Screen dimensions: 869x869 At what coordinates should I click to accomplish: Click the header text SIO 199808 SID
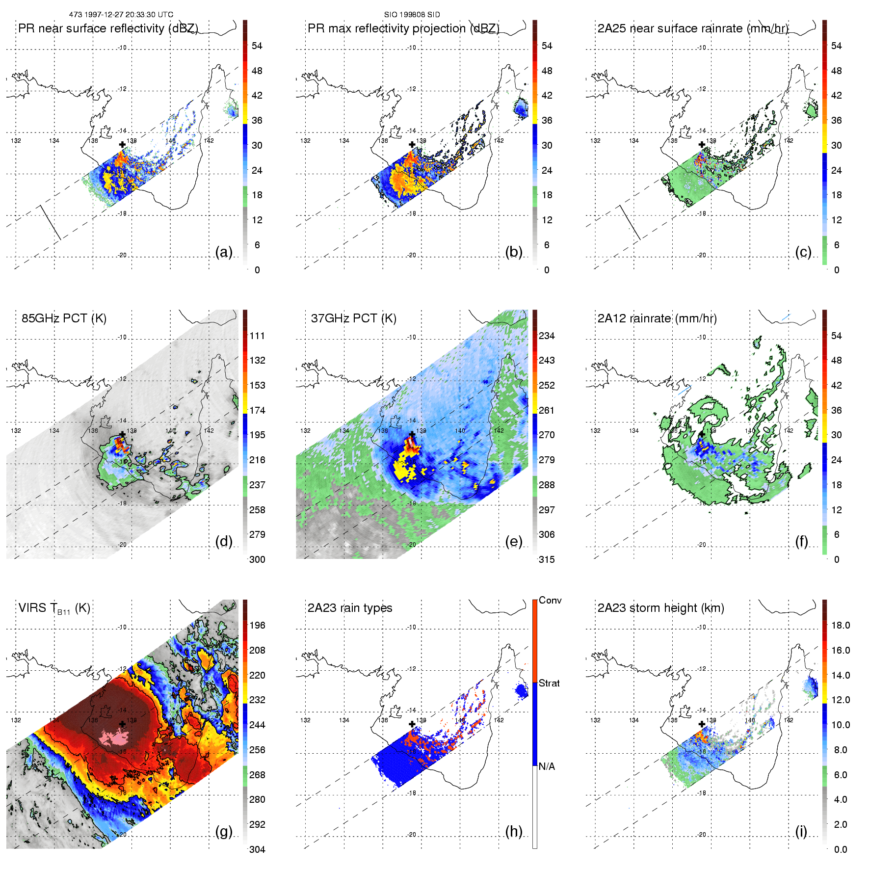(412, 15)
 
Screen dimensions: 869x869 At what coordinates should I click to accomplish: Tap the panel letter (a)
(224, 252)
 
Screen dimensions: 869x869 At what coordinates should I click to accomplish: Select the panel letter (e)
(513, 542)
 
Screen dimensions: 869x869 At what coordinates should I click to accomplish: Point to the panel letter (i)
(801, 831)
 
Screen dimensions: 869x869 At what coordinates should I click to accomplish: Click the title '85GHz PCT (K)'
(64, 318)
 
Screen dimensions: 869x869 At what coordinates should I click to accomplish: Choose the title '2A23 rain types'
(350, 608)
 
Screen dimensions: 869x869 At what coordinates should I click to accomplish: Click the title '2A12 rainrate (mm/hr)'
(657, 318)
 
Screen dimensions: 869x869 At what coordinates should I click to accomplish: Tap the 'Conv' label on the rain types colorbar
(550, 601)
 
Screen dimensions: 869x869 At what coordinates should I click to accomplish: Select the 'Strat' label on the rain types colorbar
(549, 684)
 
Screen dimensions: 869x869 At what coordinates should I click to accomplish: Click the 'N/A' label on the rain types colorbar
(547, 766)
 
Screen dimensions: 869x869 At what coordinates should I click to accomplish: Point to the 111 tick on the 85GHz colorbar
(257, 336)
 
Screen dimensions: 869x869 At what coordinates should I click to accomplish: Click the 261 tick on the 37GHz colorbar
(547, 411)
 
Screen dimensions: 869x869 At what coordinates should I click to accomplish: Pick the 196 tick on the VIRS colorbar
(257, 626)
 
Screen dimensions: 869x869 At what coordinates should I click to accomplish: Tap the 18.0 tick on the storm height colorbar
(840, 626)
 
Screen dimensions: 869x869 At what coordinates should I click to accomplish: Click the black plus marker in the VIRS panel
(122, 724)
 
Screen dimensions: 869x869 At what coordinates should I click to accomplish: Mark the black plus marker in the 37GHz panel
(412, 435)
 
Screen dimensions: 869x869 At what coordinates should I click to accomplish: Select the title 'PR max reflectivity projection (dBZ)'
(403, 28)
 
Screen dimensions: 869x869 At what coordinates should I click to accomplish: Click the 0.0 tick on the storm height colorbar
(840, 849)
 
